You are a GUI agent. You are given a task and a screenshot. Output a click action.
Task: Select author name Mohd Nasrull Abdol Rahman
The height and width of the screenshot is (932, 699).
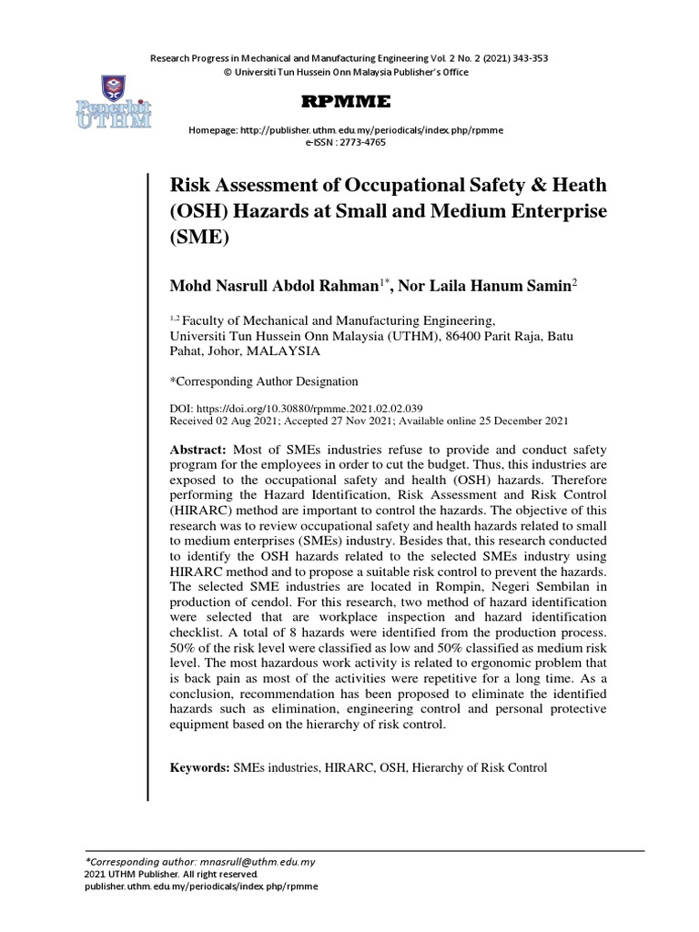(x=272, y=286)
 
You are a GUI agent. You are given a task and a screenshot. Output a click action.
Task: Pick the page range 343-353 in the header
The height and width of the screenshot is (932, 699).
(x=526, y=59)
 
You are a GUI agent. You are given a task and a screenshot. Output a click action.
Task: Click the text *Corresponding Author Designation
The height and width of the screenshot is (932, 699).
(x=265, y=381)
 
